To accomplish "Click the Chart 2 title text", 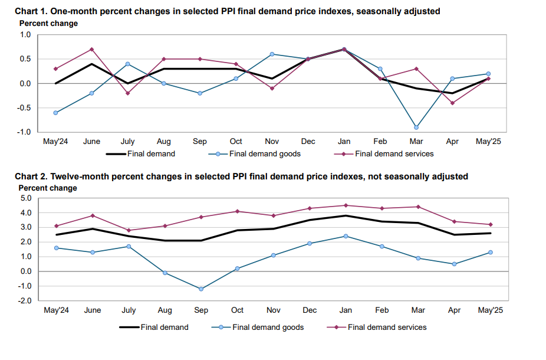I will tap(241, 176).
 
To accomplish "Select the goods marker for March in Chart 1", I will tap(416, 127).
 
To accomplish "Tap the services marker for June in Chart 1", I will tap(92, 49).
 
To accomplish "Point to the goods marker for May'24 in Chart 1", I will tap(56, 113).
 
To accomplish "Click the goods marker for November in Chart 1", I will tap(272, 54).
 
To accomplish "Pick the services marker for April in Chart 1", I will tap(452, 103).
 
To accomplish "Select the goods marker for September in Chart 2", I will tap(200, 289).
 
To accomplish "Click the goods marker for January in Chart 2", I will tap(345, 236).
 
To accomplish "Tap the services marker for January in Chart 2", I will tap(345, 205).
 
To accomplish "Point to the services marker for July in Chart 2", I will tap(128, 230).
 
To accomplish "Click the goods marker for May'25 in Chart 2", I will tap(490, 252).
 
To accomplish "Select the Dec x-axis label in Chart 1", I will tap(308, 142).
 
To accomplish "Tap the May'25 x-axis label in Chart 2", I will tap(489, 310).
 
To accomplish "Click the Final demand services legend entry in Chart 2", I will tap(387, 327).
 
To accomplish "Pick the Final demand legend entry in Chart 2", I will tap(164, 327).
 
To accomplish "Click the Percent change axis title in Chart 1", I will tap(48, 23).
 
